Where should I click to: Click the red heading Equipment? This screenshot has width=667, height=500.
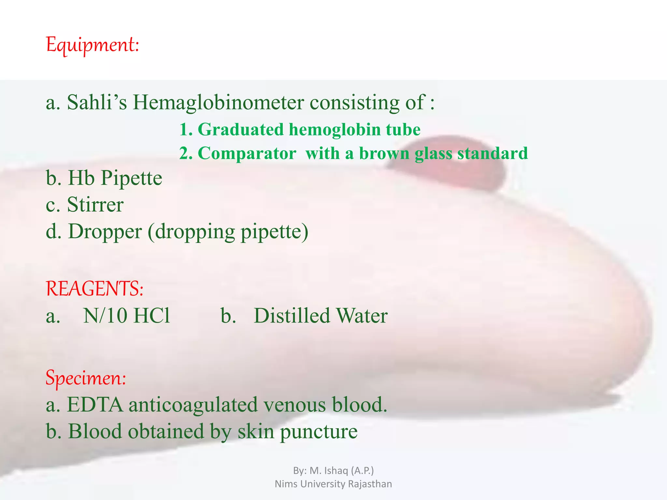(92, 45)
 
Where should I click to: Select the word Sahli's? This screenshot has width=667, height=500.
(97, 103)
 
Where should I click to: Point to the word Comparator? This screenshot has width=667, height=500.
(247, 153)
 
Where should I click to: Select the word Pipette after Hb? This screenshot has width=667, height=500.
(131, 178)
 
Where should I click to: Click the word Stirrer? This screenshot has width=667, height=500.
(95, 205)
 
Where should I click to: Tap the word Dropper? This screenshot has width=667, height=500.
(105, 232)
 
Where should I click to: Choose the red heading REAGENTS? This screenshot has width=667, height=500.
(94, 289)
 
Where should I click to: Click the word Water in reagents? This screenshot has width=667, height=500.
(362, 316)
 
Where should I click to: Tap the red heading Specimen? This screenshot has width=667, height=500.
(86, 378)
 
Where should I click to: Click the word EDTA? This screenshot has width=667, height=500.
(95, 405)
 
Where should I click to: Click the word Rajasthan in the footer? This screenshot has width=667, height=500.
(370, 484)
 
